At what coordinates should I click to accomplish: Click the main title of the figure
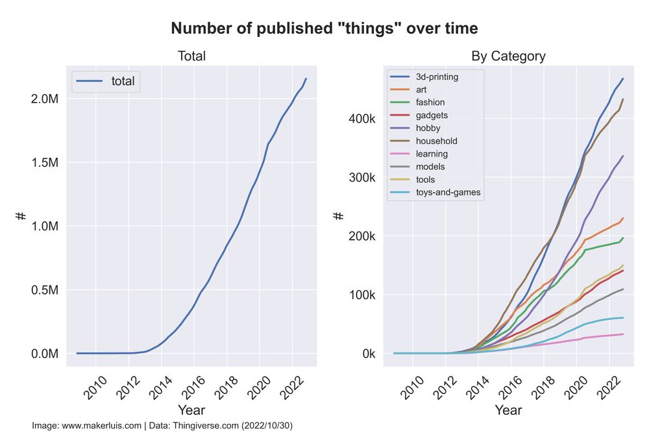pyautogui.click(x=324, y=29)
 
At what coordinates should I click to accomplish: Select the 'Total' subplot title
pyautogui.click(x=191, y=56)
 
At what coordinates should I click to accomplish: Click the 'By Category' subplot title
pyautogui.click(x=508, y=56)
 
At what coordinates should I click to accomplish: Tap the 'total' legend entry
pyautogui.click(x=123, y=81)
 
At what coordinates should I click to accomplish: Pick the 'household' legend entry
pyautogui.click(x=436, y=141)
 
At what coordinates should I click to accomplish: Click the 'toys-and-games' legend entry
pyautogui.click(x=448, y=192)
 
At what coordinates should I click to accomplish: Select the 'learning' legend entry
pyautogui.click(x=432, y=154)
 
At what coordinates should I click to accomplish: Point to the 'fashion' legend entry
pyautogui.click(x=430, y=103)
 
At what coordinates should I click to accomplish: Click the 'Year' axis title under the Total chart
pyautogui.click(x=191, y=410)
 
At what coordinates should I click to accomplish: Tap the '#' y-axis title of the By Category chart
pyautogui.click(x=338, y=216)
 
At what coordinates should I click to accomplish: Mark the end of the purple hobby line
pyautogui.click(x=623, y=156)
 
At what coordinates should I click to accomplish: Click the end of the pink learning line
pyautogui.click(x=623, y=334)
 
